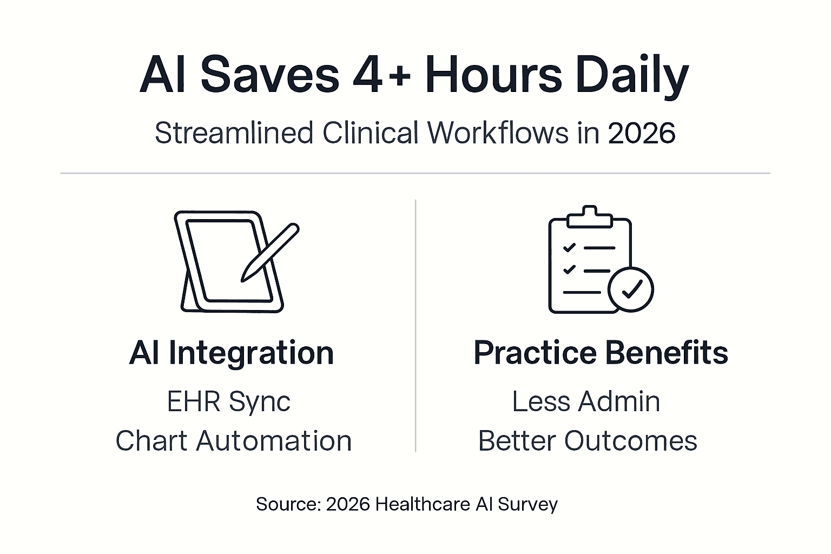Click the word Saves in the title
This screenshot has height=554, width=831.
(269, 76)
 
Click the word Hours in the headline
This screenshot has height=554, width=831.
(493, 76)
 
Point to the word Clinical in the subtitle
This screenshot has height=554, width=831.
(371, 133)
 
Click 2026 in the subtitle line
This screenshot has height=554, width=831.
(641, 133)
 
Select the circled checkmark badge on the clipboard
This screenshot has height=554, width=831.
(630, 289)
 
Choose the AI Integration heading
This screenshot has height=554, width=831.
(232, 353)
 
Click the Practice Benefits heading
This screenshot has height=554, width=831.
(601, 353)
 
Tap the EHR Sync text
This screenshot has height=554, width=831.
(228, 401)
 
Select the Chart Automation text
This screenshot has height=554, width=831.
(233, 440)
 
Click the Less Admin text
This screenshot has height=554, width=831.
(586, 401)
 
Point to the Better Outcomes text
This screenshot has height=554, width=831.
(588, 440)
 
